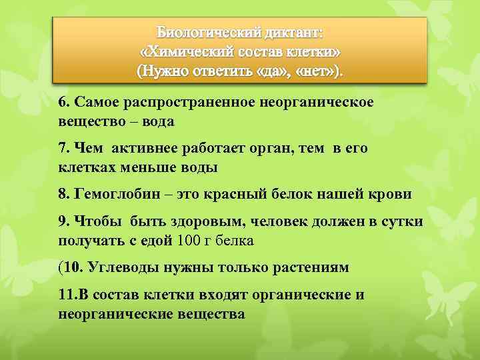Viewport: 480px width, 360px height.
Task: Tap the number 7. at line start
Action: (x=64, y=148)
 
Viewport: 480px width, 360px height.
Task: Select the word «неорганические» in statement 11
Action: (x=111, y=313)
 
